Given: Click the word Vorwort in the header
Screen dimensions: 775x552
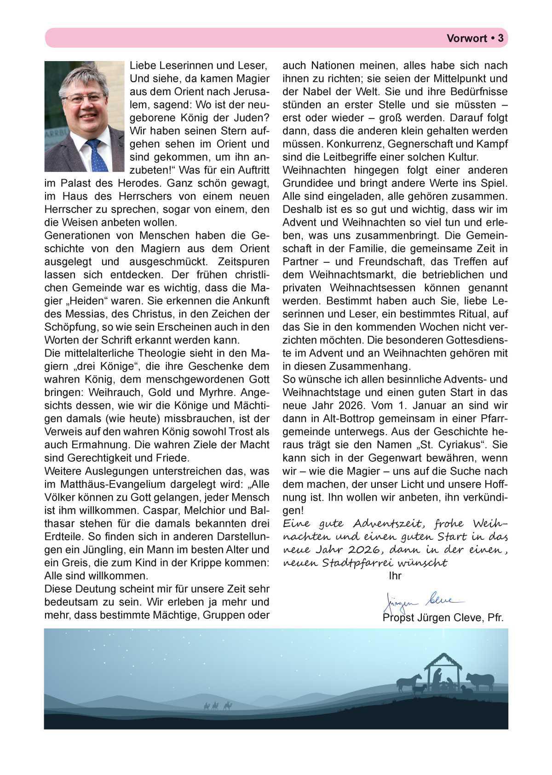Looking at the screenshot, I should [x=466, y=39].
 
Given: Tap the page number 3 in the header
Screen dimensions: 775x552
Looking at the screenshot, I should [x=500, y=39].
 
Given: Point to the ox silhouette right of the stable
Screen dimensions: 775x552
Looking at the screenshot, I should [x=479, y=679].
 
